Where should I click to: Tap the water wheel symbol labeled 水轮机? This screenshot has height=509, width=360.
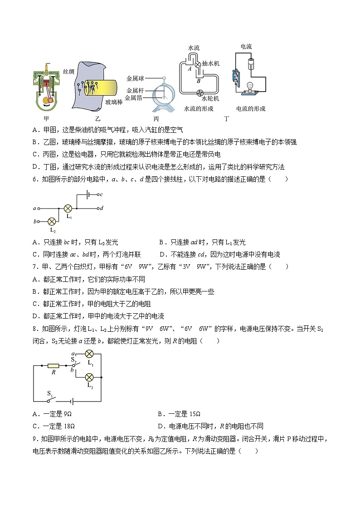coord(198,93)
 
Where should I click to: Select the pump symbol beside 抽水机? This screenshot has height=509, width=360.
coord(198,65)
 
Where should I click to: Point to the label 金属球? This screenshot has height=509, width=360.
coord(135,78)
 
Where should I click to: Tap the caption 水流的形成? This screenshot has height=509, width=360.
coord(199,109)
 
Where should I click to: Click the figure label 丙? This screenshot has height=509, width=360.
coord(156,119)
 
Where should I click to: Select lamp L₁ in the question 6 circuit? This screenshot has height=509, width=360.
coord(68,208)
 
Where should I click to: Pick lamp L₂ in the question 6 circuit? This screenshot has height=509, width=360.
coord(52,221)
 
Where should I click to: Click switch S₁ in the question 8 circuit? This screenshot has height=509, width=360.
coord(51,401)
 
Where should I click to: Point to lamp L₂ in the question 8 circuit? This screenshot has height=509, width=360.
coord(90,377)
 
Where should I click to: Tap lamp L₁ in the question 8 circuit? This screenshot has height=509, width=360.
coord(90,354)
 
